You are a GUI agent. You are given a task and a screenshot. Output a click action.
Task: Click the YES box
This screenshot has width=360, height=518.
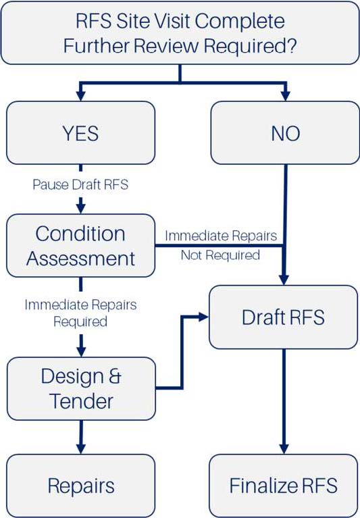pyautogui.click(x=80, y=133)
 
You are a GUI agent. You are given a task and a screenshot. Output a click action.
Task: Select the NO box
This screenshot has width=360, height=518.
pyautogui.click(x=285, y=133)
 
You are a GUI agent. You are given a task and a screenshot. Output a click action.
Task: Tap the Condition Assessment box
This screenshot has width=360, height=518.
pyautogui.click(x=80, y=245)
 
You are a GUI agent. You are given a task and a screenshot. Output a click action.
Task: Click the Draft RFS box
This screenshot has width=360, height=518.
pyautogui.click(x=284, y=317)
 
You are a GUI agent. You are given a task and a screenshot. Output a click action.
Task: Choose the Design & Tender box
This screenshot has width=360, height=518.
pyautogui.click(x=81, y=388)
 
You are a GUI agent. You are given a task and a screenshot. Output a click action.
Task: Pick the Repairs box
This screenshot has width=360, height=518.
pyautogui.click(x=80, y=486)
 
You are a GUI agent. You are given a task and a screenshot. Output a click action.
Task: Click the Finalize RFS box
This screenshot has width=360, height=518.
pyautogui.click(x=284, y=486)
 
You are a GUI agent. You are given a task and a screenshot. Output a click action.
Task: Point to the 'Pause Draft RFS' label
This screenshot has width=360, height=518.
pyautogui.click(x=80, y=184)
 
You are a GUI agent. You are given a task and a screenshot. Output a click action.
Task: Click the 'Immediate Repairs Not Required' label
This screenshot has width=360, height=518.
pyautogui.click(x=221, y=245)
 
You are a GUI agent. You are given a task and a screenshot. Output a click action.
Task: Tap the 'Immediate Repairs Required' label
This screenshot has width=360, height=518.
pyautogui.click(x=80, y=313)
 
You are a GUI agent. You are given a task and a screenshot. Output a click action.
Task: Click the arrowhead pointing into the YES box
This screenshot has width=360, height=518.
pyautogui.click(x=80, y=96)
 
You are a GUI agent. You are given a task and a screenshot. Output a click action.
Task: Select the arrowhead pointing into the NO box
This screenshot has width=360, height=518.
pyautogui.click(x=285, y=96)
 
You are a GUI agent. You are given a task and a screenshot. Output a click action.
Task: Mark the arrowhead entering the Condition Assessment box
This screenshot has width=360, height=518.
pyautogui.click(x=80, y=209)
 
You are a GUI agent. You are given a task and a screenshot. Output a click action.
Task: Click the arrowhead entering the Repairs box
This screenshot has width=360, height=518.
pyautogui.click(x=81, y=449)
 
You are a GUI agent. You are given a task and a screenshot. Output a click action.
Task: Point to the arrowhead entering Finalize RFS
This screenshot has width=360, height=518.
pyautogui.click(x=284, y=449)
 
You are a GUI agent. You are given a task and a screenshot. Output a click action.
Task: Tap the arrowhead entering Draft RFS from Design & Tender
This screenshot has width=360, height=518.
pyautogui.click(x=204, y=317)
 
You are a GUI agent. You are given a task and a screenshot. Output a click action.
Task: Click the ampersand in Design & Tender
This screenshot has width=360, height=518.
pyautogui.click(x=115, y=376)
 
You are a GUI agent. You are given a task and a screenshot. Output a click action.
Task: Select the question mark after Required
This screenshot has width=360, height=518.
pyautogui.click(x=290, y=45)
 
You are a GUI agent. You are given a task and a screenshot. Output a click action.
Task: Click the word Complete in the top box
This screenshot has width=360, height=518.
pyautogui.click(x=240, y=22)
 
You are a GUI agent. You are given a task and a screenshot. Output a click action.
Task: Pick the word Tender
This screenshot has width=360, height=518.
pyautogui.click(x=81, y=401)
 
